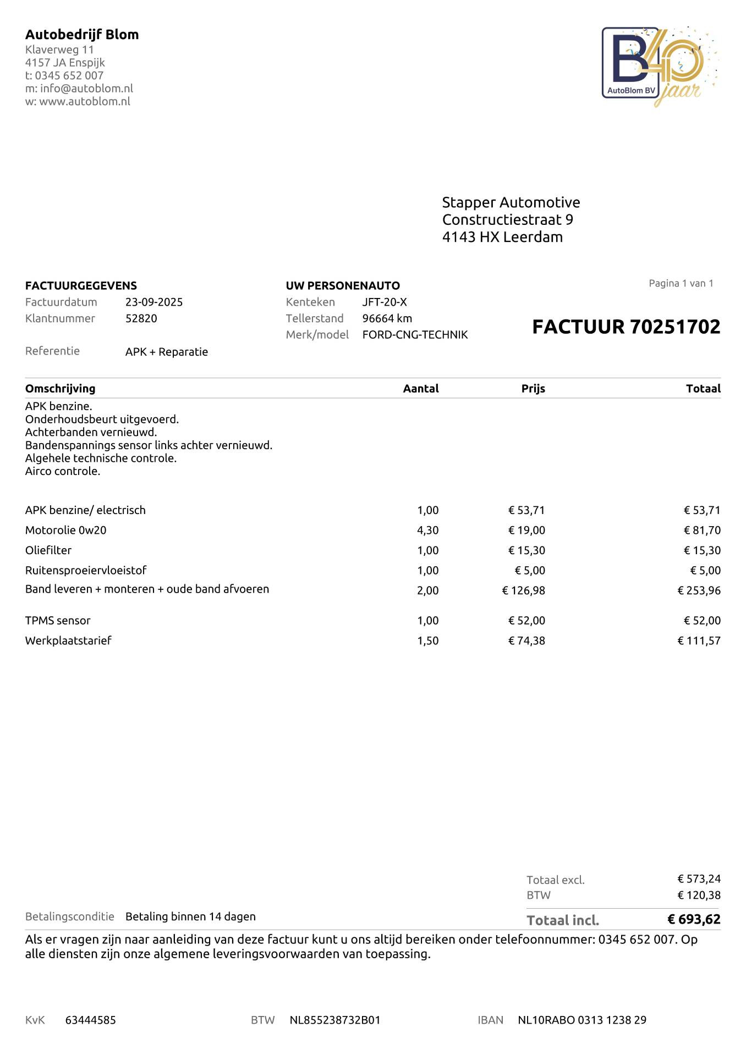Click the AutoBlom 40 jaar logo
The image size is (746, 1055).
(x=659, y=66)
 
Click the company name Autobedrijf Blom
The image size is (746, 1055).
(x=82, y=35)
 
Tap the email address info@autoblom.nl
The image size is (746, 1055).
(x=86, y=89)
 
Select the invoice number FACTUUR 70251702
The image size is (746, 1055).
(x=626, y=327)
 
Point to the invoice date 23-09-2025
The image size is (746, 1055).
(x=154, y=302)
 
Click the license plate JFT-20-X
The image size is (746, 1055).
(x=385, y=302)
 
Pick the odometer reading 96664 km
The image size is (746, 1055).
(x=387, y=318)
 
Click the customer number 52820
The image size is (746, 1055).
(x=141, y=318)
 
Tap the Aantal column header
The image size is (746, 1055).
(x=420, y=389)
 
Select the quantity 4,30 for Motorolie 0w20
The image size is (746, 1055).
(x=427, y=531)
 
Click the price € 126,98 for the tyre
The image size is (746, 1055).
(x=523, y=590)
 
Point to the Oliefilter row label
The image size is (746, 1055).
(x=48, y=550)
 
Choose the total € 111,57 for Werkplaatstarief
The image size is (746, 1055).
(x=699, y=640)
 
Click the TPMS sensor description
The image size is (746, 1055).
(x=58, y=621)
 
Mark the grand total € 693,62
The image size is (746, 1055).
(x=694, y=919)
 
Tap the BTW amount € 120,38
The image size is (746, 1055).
(x=699, y=895)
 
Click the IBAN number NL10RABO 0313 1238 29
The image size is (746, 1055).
(x=582, y=1020)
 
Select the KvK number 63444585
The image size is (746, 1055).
(x=91, y=1020)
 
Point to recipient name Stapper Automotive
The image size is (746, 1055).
(x=511, y=202)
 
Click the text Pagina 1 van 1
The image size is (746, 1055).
(x=681, y=284)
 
